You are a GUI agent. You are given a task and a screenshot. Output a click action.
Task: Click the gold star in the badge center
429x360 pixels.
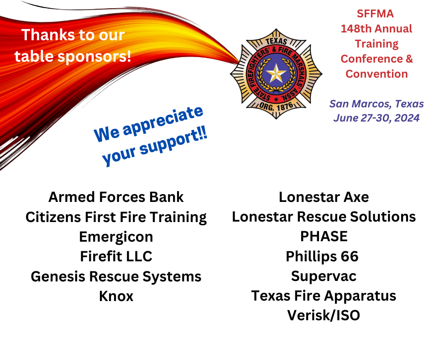(x=276, y=73)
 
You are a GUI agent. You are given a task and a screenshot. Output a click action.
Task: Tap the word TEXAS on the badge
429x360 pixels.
(x=276, y=41)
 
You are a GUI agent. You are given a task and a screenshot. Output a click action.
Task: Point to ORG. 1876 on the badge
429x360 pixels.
(x=276, y=106)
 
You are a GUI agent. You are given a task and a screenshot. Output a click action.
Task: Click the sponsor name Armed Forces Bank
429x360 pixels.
(x=116, y=197)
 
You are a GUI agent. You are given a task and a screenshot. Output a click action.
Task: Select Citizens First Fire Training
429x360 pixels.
(x=116, y=217)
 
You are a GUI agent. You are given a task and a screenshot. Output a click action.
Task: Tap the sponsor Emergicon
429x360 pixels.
(x=116, y=237)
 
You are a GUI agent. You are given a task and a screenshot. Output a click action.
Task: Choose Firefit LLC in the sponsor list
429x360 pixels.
(x=116, y=256)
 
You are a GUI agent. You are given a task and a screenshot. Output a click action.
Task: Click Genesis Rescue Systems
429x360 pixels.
(x=116, y=276)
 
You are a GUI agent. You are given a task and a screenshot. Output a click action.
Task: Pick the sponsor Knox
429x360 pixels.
(x=116, y=296)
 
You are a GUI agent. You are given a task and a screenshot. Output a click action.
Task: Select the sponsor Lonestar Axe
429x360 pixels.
(x=324, y=197)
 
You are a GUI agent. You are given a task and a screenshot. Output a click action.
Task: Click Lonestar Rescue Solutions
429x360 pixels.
(x=324, y=217)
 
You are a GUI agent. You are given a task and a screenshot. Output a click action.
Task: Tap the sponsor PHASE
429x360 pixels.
(x=324, y=237)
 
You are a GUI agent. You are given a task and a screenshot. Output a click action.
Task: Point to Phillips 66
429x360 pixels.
(x=322, y=256)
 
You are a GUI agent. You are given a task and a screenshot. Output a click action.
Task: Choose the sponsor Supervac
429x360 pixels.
(x=324, y=276)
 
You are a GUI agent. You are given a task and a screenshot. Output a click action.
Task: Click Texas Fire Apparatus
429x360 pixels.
(x=324, y=296)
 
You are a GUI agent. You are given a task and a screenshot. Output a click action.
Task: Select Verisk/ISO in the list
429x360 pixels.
(x=324, y=315)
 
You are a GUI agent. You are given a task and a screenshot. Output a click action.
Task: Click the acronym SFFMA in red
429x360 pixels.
(x=375, y=14)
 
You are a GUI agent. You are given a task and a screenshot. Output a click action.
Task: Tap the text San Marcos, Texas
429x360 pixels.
(x=377, y=104)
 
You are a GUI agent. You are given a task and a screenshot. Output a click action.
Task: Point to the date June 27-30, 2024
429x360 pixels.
(x=377, y=118)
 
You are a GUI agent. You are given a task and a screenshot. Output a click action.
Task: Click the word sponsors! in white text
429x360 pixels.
(x=94, y=57)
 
